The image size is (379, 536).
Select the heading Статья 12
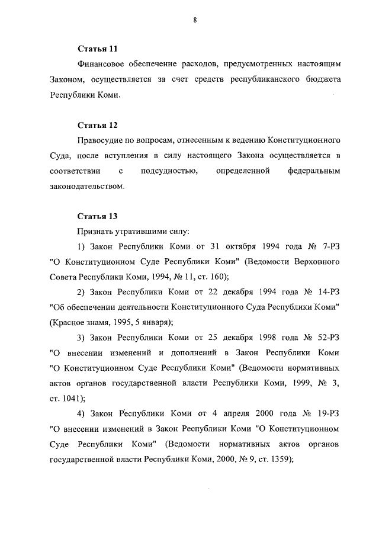tap(98, 125)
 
